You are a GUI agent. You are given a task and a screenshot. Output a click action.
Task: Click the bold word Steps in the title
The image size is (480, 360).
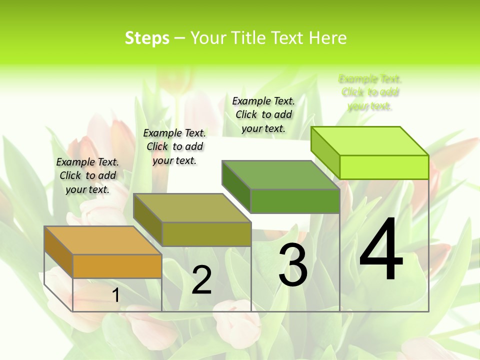coord(147,38)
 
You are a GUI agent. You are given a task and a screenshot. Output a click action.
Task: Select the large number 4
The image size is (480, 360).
coord(381,249)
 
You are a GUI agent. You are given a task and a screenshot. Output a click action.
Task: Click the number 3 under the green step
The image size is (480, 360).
coord(292,265)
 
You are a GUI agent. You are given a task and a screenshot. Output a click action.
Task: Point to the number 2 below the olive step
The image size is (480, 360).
coord(201,280)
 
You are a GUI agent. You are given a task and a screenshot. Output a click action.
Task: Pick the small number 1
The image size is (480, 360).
coord(115,295)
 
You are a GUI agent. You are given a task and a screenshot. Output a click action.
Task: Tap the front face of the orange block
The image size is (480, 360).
coord(117,266)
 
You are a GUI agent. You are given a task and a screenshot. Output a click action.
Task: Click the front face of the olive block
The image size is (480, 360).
coord(206,234)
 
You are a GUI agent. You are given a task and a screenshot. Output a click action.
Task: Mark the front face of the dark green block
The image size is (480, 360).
coord(295,201)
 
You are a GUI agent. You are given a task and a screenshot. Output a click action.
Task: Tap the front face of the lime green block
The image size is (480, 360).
coord(384,167)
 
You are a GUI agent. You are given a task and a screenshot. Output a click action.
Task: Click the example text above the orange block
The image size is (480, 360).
coord(87,175)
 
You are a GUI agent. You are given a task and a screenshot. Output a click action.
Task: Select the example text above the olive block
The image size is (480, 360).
coord(174,146)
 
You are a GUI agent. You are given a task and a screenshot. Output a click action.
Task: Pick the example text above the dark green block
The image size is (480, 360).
coord(263,114)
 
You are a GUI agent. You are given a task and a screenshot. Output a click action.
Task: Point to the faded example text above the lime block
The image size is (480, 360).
coord(370,92)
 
